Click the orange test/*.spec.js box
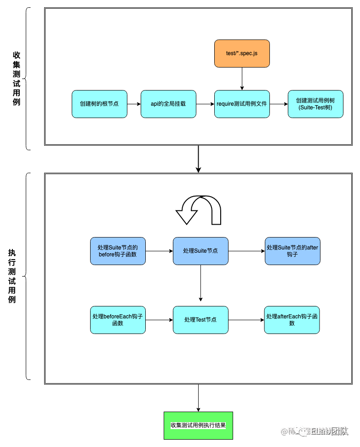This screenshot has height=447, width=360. pyautogui.click(x=242, y=54)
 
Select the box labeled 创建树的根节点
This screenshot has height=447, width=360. pyautogui.click(x=99, y=104)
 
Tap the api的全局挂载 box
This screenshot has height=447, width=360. pyautogui.click(x=168, y=104)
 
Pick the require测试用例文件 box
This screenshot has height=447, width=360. pyautogui.click(x=242, y=104)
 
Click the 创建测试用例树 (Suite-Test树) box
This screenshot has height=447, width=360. pyautogui.click(x=315, y=104)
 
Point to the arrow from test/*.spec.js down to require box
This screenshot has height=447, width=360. pyautogui.click(x=242, y=79)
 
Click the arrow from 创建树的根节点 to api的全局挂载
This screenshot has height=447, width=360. pyautogui.click(x=134, y=104)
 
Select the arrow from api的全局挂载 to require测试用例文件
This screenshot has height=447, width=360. pyautogui.click(x=205, y=104)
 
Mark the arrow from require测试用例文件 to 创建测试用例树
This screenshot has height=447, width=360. pyautogui.click(x=279, y=104)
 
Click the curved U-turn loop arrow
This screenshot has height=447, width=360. pyautogui.click(x=199, y=210)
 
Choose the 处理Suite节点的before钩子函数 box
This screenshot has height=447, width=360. pyautogui.click(x=118, y=251)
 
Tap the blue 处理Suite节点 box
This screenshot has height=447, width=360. pyautogui.click(x=200, y=251)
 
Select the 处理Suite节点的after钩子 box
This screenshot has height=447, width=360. pyautogui.click(x=292, y=251)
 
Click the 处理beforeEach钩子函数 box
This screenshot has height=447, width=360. pyautogui.click(x=118, y=320)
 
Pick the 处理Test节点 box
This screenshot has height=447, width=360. pyautogui.click(x=200, y=320)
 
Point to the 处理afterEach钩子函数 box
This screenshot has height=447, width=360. pyautogui.click(x=292, y=320)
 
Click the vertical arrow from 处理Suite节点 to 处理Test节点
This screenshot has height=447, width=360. pyautogui.click(x=200, y=283)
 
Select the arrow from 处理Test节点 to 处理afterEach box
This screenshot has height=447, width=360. pyautogui.click(x=246, y=320)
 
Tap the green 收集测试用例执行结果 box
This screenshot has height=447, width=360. pyautogui.click(x=198, y=425)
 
